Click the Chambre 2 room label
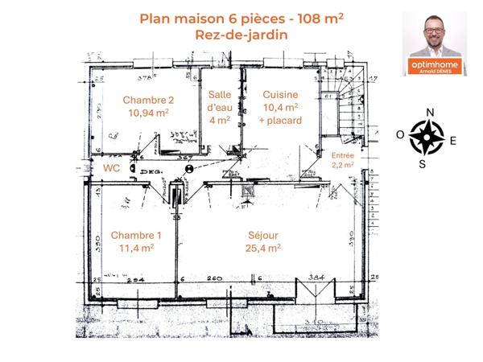(x=148, y=100)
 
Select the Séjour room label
(x=263, y=235)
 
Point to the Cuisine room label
(x=281, y=94)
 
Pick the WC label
(x=111, y=167)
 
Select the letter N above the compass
(x=430, y=112)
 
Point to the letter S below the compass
(x=423, y=163)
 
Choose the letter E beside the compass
(x=452, y=140)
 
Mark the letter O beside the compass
(x=400, y=135)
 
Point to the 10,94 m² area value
(x=148, y=113)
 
